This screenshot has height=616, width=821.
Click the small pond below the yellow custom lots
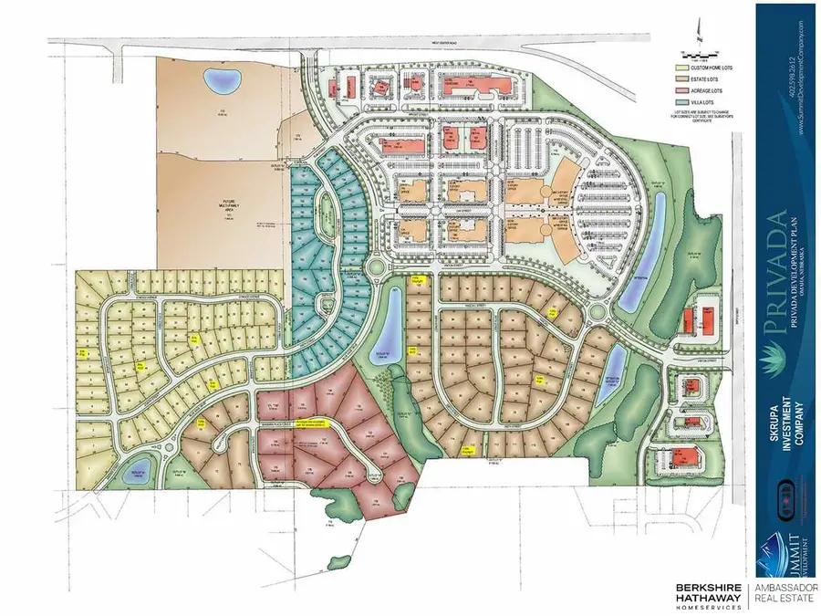click(x=138, y=473)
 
